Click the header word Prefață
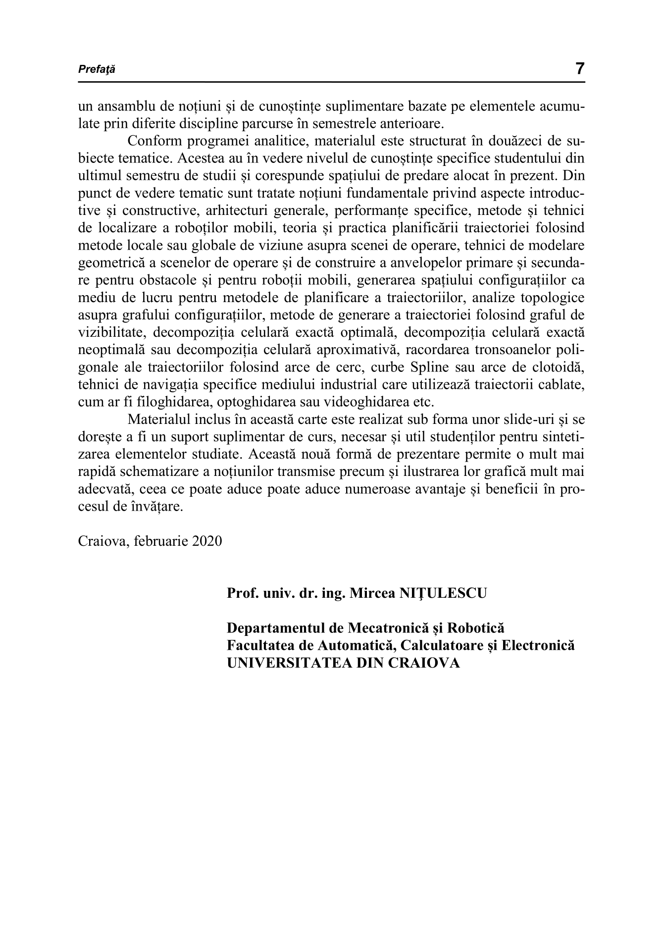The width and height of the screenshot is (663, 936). (x=97, y=70)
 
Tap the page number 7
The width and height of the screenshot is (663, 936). (x=580, y=68)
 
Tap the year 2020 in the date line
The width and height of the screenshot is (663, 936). (x=206, y=540)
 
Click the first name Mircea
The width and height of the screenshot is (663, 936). (x=372, y=593)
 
